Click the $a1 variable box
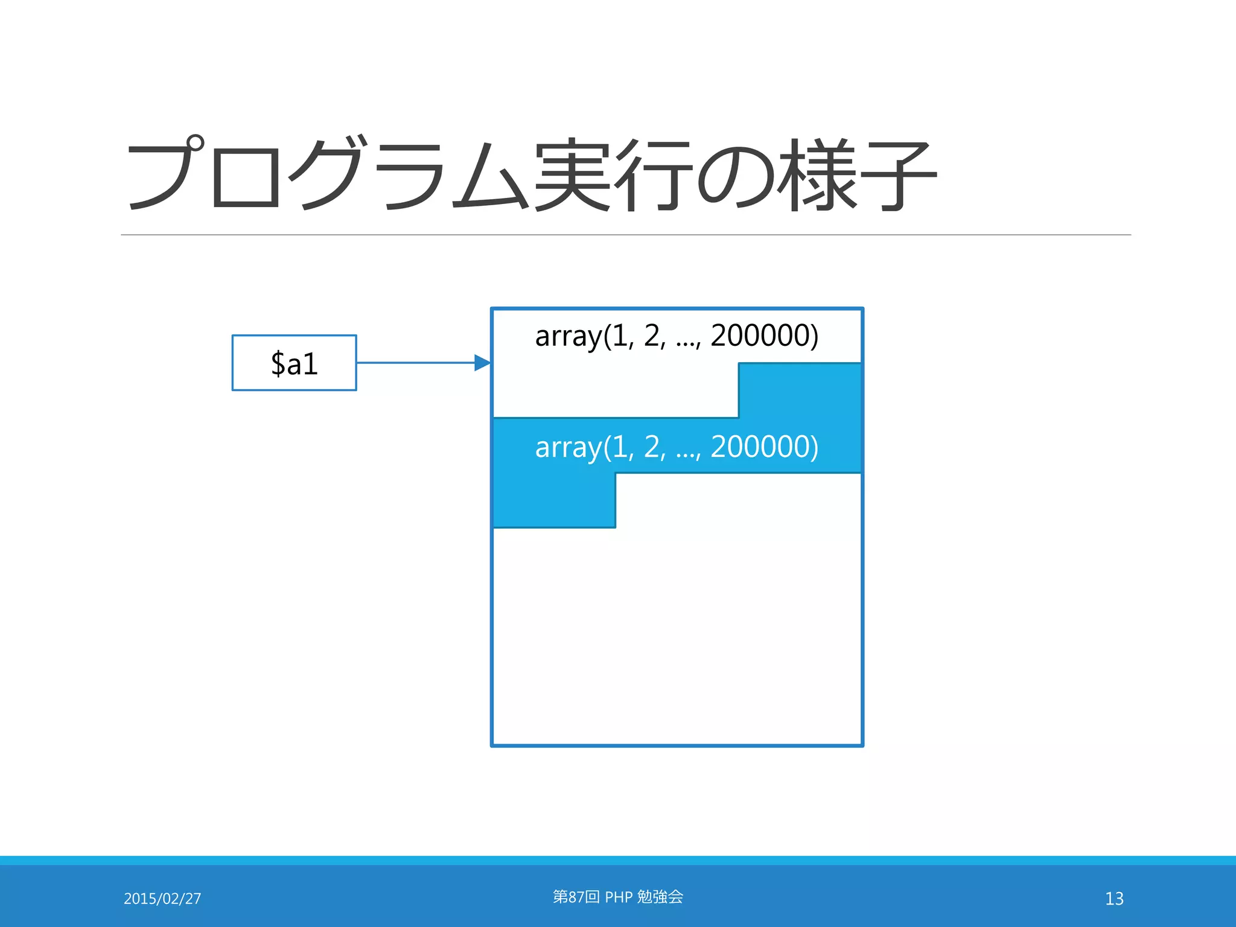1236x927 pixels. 294,363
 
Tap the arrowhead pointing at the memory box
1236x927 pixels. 482,363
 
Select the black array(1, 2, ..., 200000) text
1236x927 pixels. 676,336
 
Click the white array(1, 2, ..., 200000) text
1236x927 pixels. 676,447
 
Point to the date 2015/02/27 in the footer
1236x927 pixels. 162,899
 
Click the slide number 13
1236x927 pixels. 1114,899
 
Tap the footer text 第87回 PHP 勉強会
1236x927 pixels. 617,897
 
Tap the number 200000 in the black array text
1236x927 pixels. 764,336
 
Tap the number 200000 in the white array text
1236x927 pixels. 764,447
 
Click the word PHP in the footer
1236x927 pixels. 619,897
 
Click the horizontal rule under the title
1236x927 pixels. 625,235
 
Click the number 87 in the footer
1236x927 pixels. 576,897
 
